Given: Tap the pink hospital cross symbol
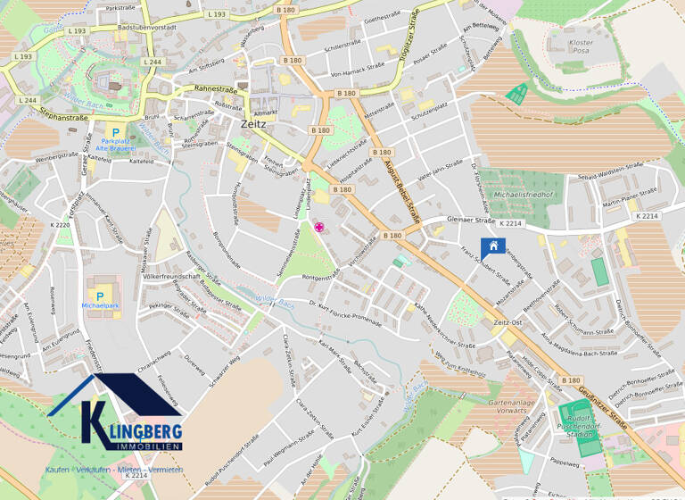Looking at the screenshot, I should (x=318, y=229).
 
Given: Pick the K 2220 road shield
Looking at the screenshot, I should (x=60, y=225).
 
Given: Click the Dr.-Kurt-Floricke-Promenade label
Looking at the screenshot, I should (x=350, y=312).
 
